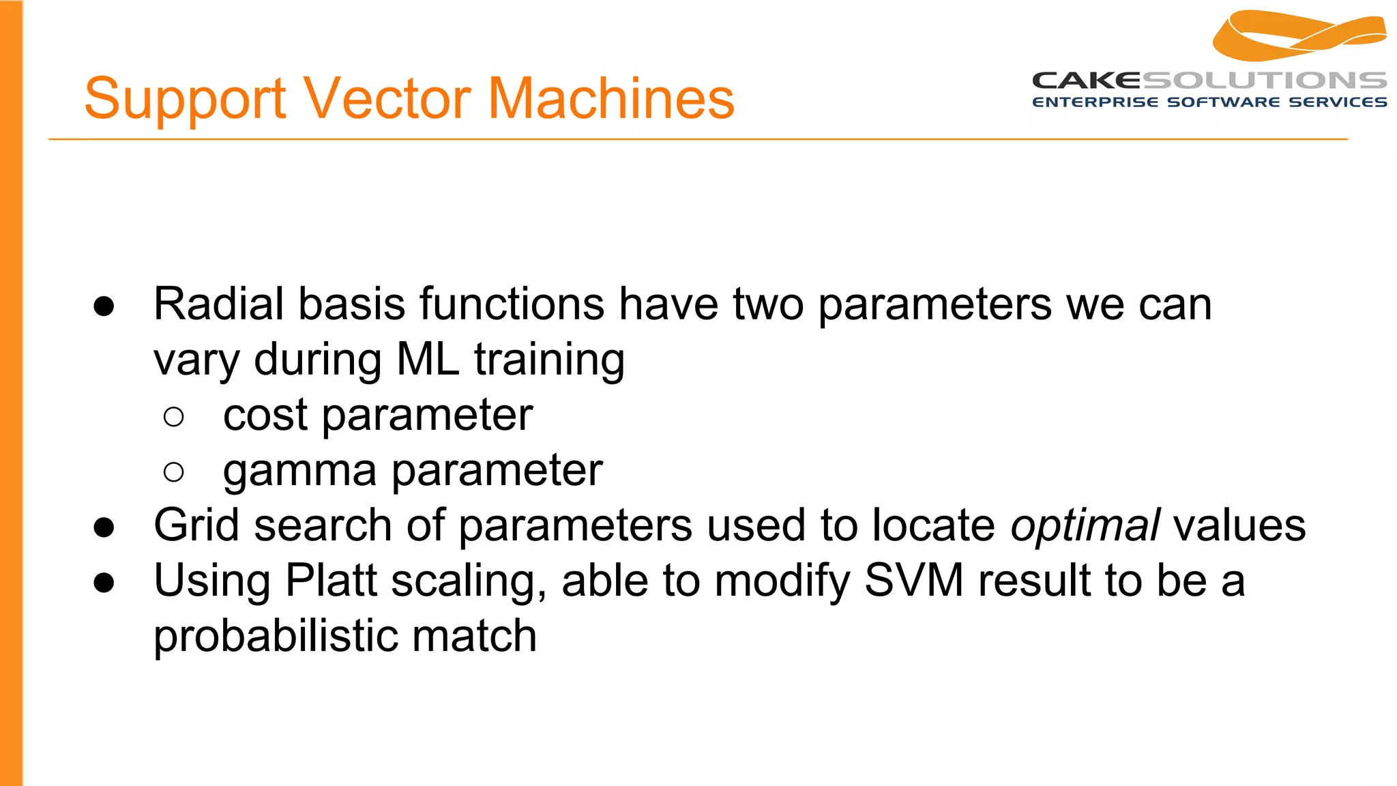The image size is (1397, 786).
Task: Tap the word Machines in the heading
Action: pos(611,99)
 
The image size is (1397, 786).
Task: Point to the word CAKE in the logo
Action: pos(1086,81)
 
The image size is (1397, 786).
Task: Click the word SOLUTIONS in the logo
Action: pos(1264,81)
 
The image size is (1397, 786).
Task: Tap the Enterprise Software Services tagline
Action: pos(1209,102)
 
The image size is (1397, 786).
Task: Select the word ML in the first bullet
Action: pos(428,360)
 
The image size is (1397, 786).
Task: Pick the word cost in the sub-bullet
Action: pos(265,416)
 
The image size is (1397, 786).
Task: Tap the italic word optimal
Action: pos(1085,526)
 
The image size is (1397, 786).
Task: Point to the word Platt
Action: pos(330,581)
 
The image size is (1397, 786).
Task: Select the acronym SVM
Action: pos(914,581)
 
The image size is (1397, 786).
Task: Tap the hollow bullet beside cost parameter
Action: pos(174,416)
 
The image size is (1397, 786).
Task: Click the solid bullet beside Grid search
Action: pos(104,527)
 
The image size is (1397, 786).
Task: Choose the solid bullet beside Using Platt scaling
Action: pos(104,583)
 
